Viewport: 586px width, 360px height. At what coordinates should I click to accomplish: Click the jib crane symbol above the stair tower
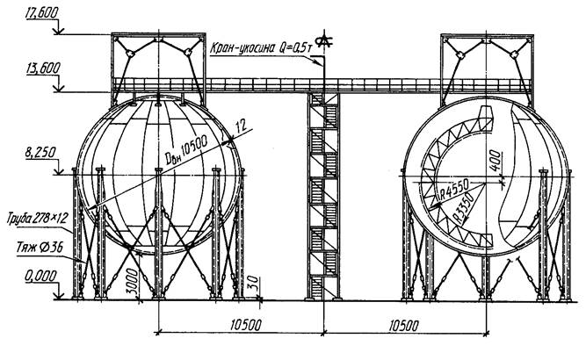325,41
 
